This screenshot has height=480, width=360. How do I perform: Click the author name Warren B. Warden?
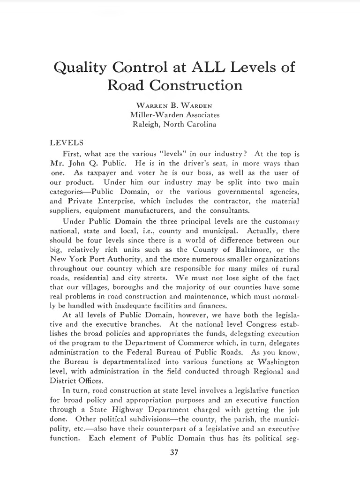point(174,105)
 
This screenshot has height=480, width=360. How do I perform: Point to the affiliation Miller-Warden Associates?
point(174,114)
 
